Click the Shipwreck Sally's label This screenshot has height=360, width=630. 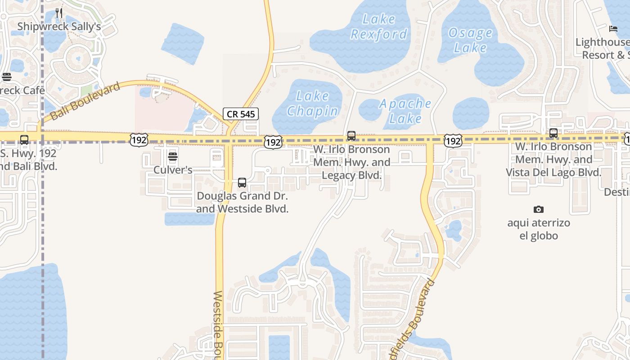(x=59, y=27)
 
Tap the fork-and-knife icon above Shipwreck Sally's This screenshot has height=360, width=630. (x=59, y=13)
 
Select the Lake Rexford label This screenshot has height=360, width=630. (x=379, y=27)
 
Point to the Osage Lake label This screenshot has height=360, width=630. (x=471, y=40)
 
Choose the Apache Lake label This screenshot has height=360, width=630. (x=405, y=111)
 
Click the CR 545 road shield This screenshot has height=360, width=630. (x=241, y=114)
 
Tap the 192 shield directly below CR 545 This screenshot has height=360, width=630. (x=273, y=142)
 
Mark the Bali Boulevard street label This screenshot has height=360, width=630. (x=85, y=101)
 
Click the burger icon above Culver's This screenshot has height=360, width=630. (x=173, y=157)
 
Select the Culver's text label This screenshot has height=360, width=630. (x=173, y=170)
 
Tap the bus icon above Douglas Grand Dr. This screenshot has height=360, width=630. (x=242, y=183)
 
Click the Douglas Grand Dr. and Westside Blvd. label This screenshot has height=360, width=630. (x=242, y=202)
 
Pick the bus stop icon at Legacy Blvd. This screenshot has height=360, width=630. (x=351, y=135)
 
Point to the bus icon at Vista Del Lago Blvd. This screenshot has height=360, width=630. (x=553, y=133)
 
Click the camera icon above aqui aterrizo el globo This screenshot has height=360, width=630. (x=539, y=209)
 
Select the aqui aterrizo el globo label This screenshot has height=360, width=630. (x=539, y=229)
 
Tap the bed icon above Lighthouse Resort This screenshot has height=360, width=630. (x=613, y=29)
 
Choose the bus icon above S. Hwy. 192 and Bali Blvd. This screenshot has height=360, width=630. (x=24, y=139)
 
